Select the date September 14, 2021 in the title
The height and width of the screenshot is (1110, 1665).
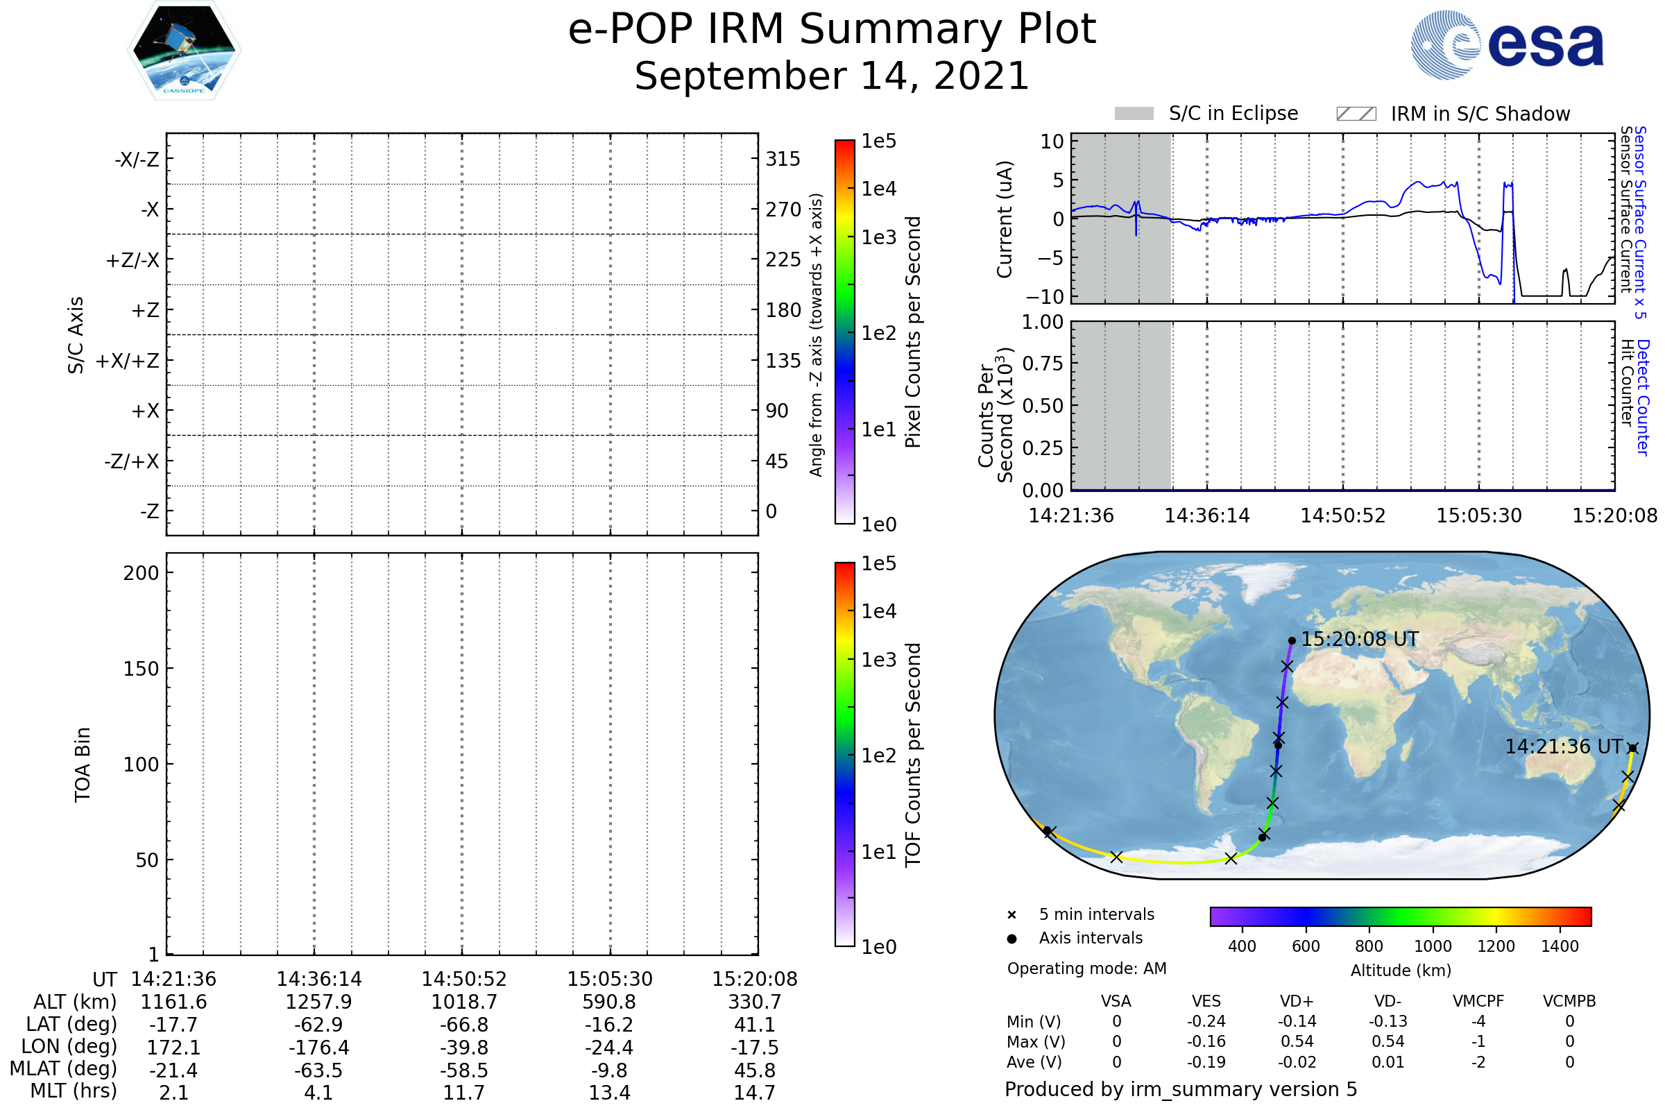click(832, 76)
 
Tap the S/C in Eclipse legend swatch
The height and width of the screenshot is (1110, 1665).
click(1134, 114)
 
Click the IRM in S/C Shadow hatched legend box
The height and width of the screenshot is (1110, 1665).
click(1356, 114)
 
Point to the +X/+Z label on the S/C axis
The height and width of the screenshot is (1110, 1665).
click(128, 361)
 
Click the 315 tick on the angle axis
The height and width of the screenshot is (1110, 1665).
click(783, 159)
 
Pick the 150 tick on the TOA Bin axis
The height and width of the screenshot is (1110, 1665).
click(141, 669)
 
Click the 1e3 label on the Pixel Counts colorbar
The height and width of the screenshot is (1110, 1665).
click(878, 238)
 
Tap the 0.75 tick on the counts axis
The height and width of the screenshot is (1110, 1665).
click(1043, 364)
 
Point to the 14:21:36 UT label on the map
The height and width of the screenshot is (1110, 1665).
click(1563, 747)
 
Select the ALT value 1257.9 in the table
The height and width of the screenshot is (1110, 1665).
click(318, 1002)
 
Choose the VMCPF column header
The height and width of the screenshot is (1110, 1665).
click(1478, 1002)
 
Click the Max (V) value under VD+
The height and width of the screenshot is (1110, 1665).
click(1297, 1042)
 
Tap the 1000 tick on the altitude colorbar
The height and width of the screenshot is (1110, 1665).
click(1433, 946)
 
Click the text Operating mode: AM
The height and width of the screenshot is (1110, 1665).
click(1086, 968)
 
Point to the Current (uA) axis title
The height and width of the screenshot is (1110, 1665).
click(1005, 219)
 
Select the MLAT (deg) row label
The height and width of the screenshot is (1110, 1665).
click(64, 1069)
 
